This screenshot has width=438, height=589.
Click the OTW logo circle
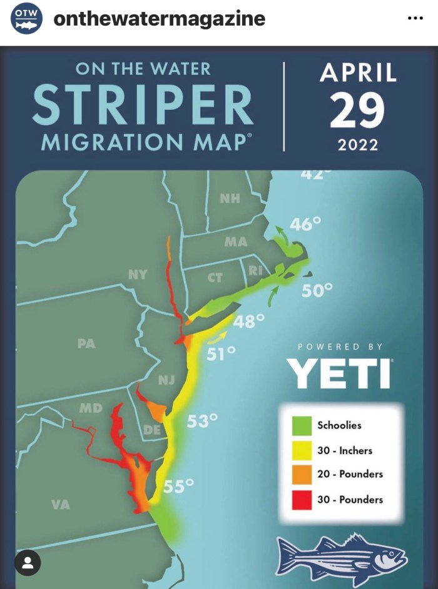(27, 19)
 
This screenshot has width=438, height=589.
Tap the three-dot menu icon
(415, 18)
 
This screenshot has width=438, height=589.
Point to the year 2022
(358, 145)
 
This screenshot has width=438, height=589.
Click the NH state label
(230, 199)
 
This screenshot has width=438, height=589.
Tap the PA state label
(86, 343)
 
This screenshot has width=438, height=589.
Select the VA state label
(60, 505)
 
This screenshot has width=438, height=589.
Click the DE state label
(152, 430)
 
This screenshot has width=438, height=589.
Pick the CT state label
(215, 278)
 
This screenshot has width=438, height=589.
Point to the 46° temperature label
(305, 223)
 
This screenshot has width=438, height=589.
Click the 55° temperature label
(178, 486)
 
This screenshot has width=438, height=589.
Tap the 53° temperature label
(202, 421)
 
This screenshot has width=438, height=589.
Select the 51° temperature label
(221, 353)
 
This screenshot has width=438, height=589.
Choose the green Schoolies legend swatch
(302, 425)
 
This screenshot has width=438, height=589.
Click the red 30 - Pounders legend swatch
(302, 499)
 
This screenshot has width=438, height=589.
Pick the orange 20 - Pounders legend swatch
(302, 474)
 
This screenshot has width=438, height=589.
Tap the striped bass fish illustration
(341, 557)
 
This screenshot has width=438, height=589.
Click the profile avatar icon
(28, 562)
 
